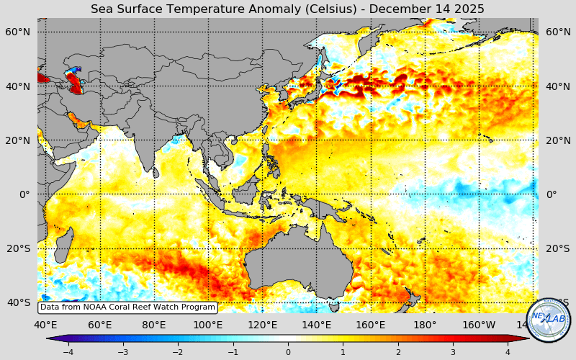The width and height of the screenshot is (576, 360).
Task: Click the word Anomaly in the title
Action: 264,9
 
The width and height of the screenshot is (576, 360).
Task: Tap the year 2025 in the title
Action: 468,9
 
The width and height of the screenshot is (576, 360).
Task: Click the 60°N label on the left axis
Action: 18,32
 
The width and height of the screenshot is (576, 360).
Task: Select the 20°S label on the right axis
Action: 558,248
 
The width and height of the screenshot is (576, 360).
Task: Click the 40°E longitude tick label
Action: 45,325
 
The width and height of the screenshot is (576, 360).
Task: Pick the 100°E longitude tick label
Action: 207,325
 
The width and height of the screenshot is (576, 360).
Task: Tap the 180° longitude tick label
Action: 425,325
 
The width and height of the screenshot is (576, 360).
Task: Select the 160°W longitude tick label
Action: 480,325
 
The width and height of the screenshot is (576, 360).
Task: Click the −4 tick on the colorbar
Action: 68,352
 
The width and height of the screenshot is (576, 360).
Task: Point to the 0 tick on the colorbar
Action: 288,352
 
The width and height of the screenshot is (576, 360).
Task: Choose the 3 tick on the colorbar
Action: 453,352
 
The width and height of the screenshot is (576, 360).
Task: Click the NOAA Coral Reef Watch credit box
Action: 127,307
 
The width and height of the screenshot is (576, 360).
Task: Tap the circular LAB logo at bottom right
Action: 549,319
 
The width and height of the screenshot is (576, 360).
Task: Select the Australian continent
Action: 295,266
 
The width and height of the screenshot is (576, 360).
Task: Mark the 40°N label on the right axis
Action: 558,86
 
